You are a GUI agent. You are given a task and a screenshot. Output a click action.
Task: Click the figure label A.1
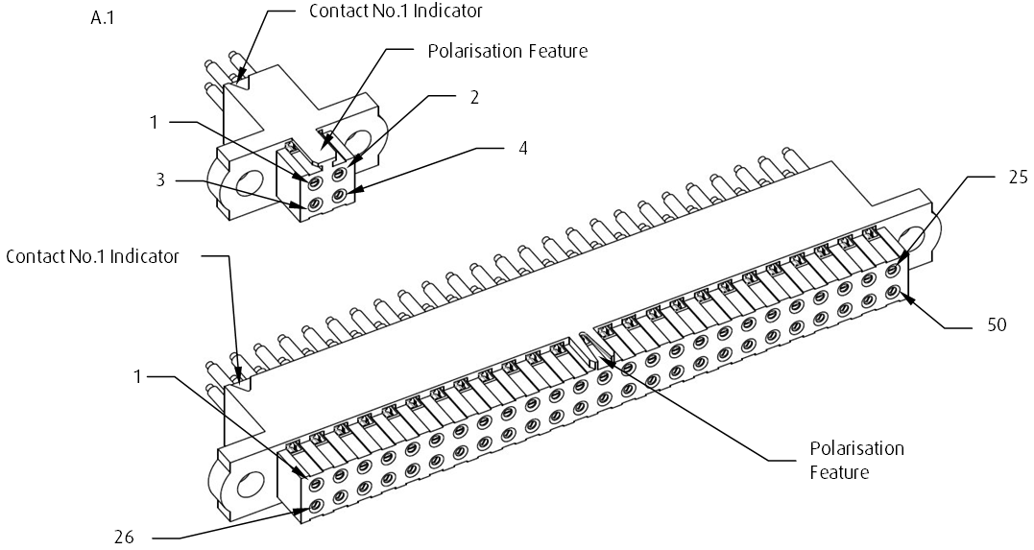(102, 16)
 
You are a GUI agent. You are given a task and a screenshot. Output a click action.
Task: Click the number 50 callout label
(997, 325)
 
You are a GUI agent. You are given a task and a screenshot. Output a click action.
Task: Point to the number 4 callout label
(522, 149)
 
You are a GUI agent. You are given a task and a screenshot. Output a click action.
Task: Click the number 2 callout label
(473, 97)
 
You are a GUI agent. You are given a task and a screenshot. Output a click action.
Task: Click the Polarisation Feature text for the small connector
(507, 51)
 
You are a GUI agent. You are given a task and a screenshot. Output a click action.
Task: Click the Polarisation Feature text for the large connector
(856, 460)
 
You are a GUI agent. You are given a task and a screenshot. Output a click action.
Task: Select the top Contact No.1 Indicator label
(396, 12)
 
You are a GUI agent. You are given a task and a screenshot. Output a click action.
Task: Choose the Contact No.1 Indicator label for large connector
(92, 256)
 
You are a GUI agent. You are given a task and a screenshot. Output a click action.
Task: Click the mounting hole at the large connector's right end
(912, 243)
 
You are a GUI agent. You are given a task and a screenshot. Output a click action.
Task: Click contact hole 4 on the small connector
(338, 197)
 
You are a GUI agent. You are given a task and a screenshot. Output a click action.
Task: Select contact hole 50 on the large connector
(893, 291)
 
